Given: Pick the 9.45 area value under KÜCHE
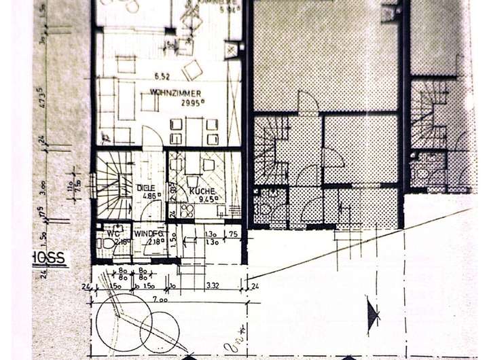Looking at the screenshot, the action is [x=205, y=200].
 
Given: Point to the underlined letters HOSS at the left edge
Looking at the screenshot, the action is [x=50, y=258].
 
